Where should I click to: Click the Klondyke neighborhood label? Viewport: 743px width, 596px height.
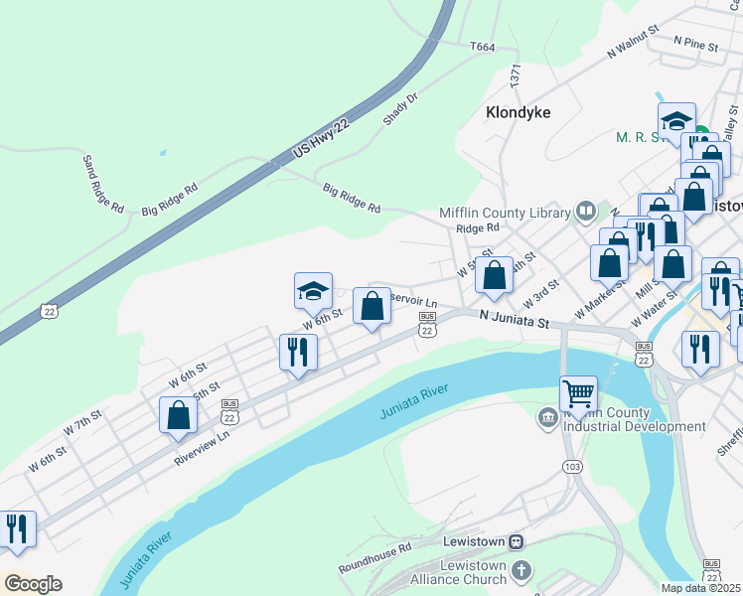pos(518,112)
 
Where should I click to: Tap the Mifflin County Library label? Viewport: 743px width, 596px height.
pos(505,213)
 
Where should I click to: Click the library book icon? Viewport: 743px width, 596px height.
pos(586,212)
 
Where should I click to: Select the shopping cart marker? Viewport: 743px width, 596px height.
pos(578,393)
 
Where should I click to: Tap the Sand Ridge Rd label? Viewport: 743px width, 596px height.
pos(102,184)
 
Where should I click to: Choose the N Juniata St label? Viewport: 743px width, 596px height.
pos(514,319)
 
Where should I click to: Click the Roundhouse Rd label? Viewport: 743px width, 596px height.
pos(374,559)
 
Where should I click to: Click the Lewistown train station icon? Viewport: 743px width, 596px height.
pos(516,541)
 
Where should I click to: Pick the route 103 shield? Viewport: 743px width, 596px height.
pos(571,466)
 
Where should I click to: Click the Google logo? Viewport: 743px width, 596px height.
pos(33,583)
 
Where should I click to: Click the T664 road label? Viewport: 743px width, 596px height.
pos(482,47)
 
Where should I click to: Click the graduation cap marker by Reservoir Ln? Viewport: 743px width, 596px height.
pos(313,290)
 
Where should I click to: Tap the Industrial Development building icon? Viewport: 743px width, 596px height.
pos(547,418)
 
